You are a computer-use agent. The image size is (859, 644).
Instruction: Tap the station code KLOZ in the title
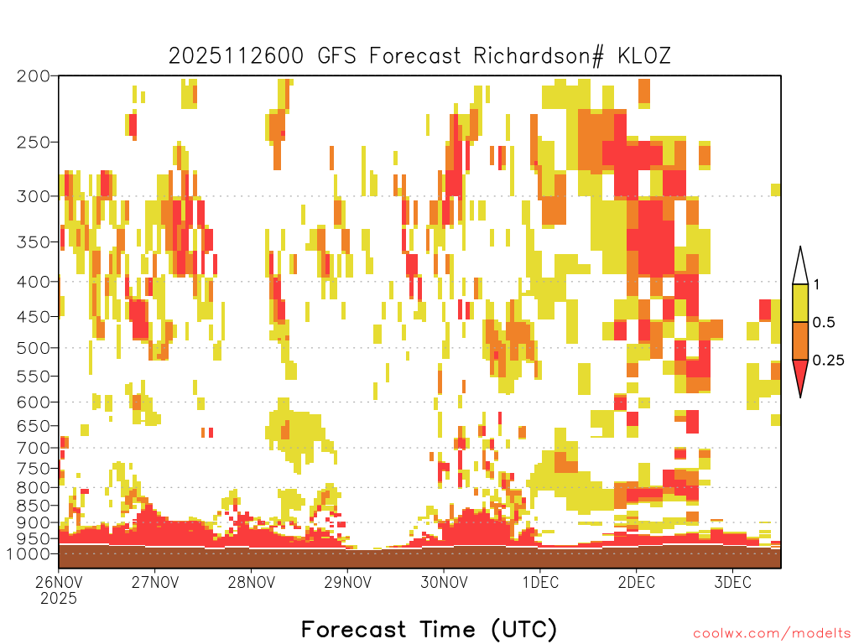click(x=643, y=56)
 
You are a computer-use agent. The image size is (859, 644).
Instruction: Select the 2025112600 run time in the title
click(x=236, y=56)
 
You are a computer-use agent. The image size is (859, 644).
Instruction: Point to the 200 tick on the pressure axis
click(x=34, y=76)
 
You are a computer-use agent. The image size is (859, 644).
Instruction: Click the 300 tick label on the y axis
click(x=34, y=196)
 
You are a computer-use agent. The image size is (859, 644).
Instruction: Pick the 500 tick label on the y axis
click(x=34, y=348)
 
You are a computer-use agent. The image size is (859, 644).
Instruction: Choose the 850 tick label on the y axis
click(x=34, y=505)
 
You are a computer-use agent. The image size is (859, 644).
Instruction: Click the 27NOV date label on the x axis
click(x=155, y=582)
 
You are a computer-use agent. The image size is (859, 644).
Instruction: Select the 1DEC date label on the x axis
click(x=540, y=582)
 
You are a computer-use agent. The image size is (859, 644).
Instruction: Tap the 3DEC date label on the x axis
click(x=732, y=582)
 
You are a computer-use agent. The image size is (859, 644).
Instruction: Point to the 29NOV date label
click(x=347, y=582)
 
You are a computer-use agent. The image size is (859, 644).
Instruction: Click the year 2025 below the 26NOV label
click(x=59, y=598)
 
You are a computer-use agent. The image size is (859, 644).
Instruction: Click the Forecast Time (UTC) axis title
click(x=429, y=629)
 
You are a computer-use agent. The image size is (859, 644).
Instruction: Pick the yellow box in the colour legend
click(x=800, y=303)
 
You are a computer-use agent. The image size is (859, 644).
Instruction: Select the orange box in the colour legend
click(x=800, y=340)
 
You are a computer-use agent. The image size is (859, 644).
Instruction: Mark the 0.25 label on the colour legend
click(x=828, y=360)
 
